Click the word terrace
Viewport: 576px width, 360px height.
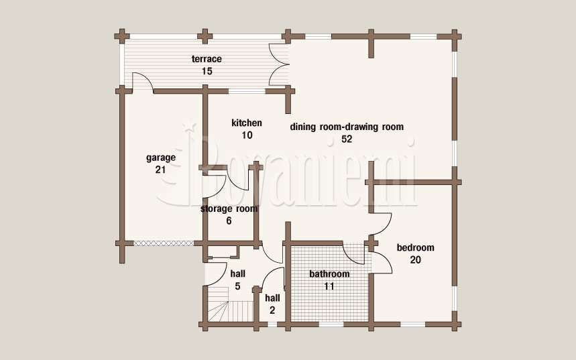click(207, 59)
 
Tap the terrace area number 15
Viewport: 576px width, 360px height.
click(207, 71)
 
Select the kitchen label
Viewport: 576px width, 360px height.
click(247, 123)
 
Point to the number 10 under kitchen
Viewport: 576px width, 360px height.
click(247, 135)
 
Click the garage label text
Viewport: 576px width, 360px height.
click(161, 158)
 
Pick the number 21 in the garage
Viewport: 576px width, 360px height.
click(160, 170)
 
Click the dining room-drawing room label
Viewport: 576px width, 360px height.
click(347, 127)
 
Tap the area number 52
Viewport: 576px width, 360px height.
click(347, 139)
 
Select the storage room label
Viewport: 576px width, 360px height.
click(229, 209)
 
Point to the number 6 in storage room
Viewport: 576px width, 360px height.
click(229, 221)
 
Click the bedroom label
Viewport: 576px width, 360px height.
click(416, 248)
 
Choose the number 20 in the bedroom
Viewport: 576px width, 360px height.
click(416, 260)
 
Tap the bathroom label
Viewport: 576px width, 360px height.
click(329, 274)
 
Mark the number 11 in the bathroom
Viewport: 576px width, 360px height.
click(329, 286)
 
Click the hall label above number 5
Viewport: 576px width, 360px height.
click(237, 274)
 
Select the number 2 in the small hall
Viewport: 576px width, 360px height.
click(272, 310)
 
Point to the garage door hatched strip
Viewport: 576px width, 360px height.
click(163, 243)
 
